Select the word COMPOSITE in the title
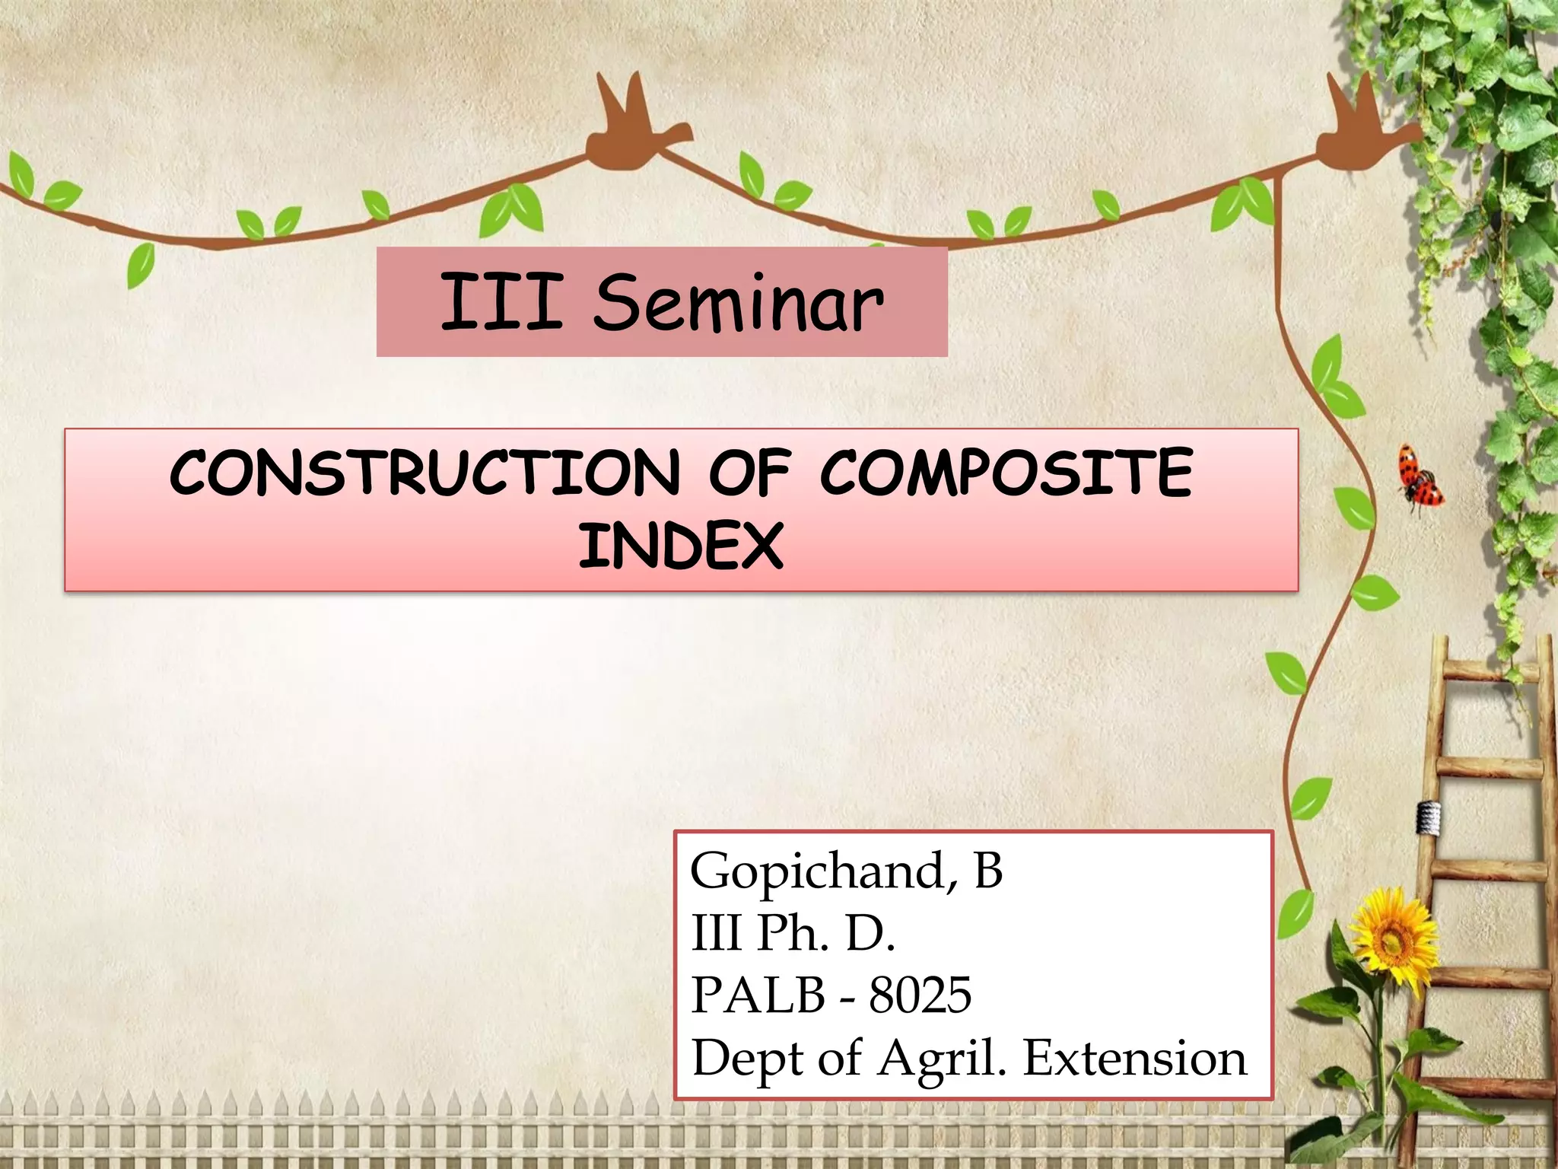1006,473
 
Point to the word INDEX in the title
681,546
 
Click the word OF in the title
749,473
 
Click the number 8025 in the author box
920,995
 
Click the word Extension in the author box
1134,1058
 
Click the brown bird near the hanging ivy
1362,129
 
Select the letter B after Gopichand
988,871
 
